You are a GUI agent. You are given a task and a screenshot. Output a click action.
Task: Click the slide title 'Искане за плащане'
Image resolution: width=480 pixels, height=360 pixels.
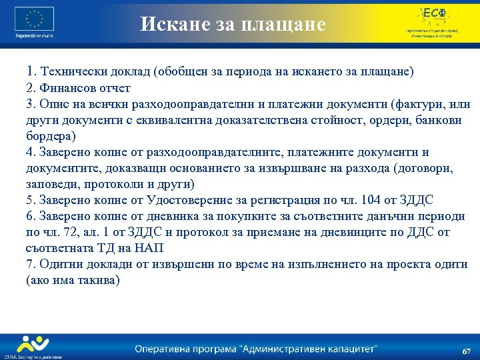click(x=233, y=25)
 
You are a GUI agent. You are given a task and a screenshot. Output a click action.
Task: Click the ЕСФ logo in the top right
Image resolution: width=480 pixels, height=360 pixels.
click(x=433, y=15)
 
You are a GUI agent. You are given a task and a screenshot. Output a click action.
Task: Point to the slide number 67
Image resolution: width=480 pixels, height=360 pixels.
click(x=466, y=351)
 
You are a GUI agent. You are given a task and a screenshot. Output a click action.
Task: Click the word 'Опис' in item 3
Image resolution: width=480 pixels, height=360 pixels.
click(x=53, y=104)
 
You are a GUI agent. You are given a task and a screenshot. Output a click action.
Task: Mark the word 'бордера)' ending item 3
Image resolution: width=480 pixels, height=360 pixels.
click(x=51, y=136)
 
